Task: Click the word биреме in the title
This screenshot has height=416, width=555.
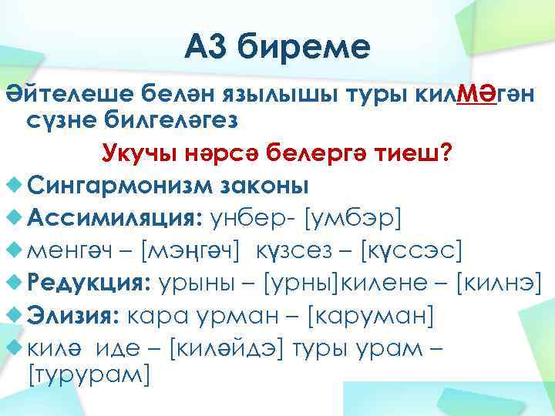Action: point(304,49)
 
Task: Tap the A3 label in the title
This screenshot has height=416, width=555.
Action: point(209,49)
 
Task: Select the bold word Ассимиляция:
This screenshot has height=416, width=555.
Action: point(114,218)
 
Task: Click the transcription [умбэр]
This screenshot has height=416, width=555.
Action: point(353,218)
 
